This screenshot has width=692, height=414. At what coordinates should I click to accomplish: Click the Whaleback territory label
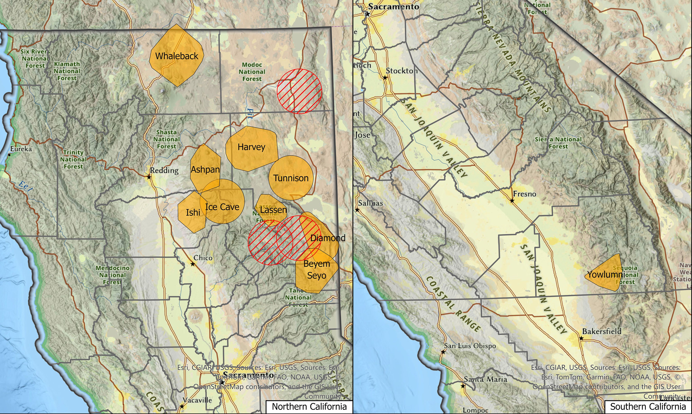pyautogui.click(x=177, y=56)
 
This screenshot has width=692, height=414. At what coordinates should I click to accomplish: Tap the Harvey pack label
pyautogui.click(x=251, y=147)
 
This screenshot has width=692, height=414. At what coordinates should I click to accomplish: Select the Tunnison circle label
pyautogui.click(x=291, y=178)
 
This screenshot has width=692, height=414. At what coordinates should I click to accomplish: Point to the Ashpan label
pyautogui.click(x=205, y=169)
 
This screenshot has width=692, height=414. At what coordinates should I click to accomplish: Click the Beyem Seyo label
pyautogui.click(x=317, y=270)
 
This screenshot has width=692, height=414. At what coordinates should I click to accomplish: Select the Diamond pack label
pyautogui.click(x=328, y=238)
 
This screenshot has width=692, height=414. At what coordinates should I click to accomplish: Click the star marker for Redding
pyautogui.click(x=149, y=177)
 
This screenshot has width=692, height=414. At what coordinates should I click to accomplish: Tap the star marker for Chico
pyautogui.click(x=193, y=264)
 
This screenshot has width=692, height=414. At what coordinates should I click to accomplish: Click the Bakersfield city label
pyautogui.click(x=602, y=331)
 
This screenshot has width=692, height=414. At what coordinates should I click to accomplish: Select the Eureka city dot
pyautogui.click(x=9, y=155)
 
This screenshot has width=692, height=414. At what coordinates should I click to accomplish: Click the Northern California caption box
pyautogui.click(x=309, y=407)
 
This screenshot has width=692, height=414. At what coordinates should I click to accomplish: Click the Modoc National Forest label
pyautogui.click(x=252, y=72)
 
